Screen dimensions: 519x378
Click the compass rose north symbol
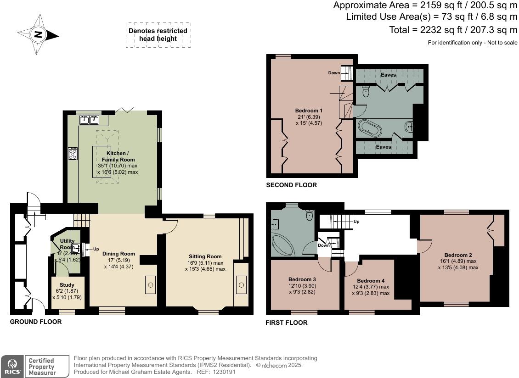point(39,34)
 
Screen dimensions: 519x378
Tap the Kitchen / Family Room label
point(118,156)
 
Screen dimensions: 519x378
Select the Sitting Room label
point(205,256)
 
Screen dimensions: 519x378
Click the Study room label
point(67,285)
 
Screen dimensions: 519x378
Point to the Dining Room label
point(118,254)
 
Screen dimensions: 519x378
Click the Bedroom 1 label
point(309,111)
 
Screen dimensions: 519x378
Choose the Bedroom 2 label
point(458,255)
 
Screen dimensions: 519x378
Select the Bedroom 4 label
point(371,281)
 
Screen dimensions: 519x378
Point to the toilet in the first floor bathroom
point(310,215)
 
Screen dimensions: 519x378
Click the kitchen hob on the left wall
point(73,154)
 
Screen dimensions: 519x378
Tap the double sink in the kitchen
point(89,120)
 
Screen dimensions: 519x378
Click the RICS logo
point(12,367)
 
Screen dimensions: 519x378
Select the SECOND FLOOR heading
point(291,185)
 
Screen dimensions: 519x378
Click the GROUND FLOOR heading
point(36,322)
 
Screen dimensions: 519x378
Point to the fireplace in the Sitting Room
point(241,285)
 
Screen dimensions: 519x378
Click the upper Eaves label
point(388,75)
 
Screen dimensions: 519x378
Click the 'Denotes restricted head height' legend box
point(158,35)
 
